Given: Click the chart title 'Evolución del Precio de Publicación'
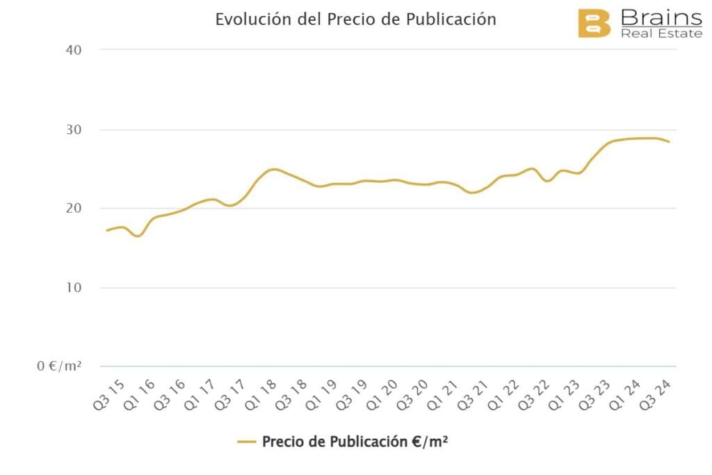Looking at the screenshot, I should [355, 19].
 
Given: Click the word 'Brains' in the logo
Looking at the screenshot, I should [661, 17].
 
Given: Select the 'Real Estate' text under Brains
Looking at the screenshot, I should [661, 33].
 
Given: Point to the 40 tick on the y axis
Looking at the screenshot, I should [74, 50].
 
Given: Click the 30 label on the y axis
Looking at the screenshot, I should [74, 130].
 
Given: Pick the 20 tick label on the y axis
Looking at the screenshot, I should [74, 209].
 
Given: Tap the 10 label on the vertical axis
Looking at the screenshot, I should [74, 288].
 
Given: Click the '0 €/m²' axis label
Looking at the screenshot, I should [60, 366].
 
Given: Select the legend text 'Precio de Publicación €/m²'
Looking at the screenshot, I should [355, 441].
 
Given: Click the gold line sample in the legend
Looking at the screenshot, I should [247, 442].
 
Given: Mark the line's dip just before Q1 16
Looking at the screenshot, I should [137, 236].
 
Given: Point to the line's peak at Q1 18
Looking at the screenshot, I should [274, 169].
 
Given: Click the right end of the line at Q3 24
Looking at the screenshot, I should [669, 142].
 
